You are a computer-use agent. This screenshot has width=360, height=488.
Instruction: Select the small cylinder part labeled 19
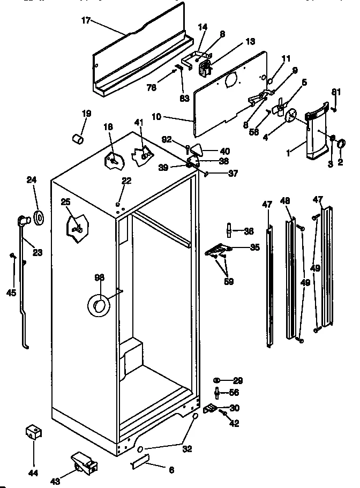point(78,139)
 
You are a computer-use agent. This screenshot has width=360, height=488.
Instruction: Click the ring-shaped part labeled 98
point(99,306)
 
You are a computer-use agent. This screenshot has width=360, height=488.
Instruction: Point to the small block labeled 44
point(34,432)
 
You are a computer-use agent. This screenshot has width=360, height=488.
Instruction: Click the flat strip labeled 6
point(141,462)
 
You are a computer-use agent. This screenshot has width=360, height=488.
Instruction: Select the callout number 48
point(286,201)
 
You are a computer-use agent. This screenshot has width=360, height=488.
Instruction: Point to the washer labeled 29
point(218,380)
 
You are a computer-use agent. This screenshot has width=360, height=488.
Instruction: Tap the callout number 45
point(11,292)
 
